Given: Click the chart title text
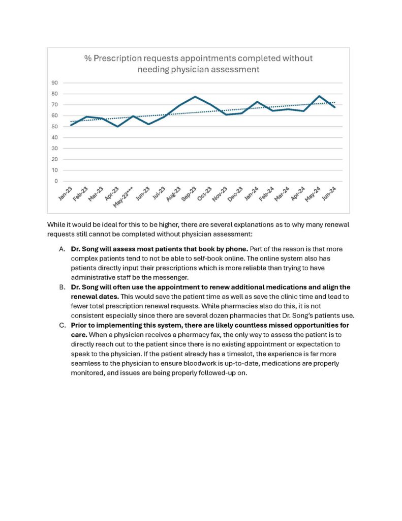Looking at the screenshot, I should (198, 64).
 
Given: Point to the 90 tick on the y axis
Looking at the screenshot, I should (54, 83).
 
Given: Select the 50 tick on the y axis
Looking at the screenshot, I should (54, 127).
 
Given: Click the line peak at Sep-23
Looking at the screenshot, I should (195, 97).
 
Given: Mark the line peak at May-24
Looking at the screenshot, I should (319, 96).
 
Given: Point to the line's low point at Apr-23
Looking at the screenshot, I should (118, 126).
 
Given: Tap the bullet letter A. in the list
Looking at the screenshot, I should (62, 249).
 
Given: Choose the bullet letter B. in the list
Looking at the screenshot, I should (62, 287).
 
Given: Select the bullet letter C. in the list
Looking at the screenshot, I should (62, 325).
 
